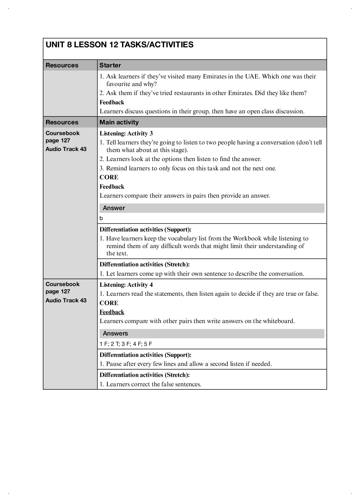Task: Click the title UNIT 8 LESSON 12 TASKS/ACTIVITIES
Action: pyautogui.click(x=120, y=45)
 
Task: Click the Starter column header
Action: pyautogui.click(x=110, y=65)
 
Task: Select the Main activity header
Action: pyautogui.click(x=119, y=122)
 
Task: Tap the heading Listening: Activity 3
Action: pyautogui.click(x=126, y=133)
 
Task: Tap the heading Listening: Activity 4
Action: pyautogui.click(x=126, y=285)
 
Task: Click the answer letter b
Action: pyautogui.click(x=101, y=218)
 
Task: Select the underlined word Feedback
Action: pyautogui.click(x=112, y=312)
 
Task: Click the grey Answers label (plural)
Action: pyautogui.click(x=115, y=333)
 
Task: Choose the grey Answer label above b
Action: pyautogui.click(x=114, y=208)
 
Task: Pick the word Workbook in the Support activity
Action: pyautogui.click(x=247, y=238)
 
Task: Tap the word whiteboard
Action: pyautogui.click(x=278, y=321)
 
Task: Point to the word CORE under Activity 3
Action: pyautogui.click(x=109, y=177)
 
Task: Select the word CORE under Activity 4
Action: pyautogui.click(x=109, y=303)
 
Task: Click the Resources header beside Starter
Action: pyautogui.click(x=62, y=65)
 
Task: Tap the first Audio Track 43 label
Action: pyautogui.click(x=66, y=149)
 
